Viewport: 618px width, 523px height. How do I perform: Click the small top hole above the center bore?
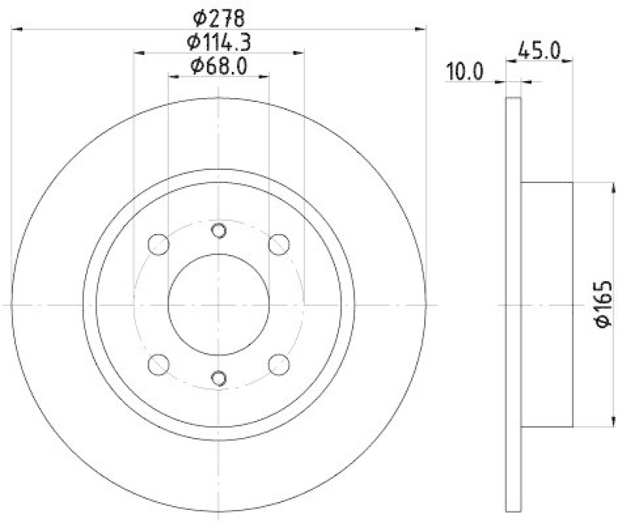tap(219, 230)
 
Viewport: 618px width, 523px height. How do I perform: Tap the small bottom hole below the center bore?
tap(219, 377)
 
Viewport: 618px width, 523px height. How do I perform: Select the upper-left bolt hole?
tap(158, 245)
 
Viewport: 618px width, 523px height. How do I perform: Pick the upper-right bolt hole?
tap(278, 245)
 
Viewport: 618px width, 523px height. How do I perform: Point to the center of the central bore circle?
tap(219, 304)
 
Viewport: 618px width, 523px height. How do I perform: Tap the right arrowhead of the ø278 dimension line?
tap(420, 29)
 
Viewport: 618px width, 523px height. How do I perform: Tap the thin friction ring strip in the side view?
tap(512, 304)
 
